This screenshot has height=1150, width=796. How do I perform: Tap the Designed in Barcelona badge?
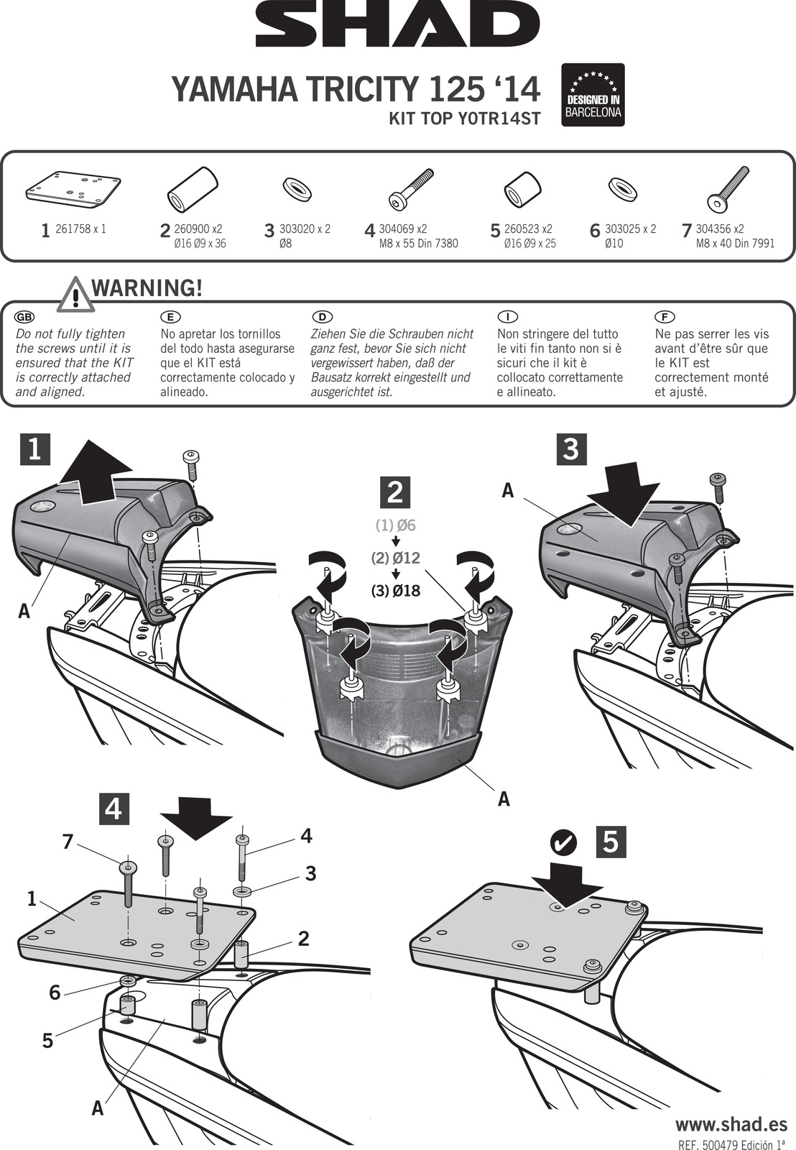(x=593, y=95)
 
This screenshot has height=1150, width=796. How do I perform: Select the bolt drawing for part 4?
(x=411, y=188)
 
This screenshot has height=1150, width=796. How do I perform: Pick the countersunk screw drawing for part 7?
(x=728, y=189)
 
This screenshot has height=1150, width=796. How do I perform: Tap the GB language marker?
(x=24, y=317)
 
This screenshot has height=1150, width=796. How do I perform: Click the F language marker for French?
(x=665, y=317)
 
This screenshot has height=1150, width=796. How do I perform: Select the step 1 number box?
(x=34, y=449)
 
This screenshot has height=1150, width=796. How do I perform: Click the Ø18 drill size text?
(x=396, y=591)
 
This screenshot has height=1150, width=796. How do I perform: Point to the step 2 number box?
(x=394, y=492)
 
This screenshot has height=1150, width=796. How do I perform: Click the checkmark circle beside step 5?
(x=565, y=842)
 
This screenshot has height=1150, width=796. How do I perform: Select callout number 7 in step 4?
(x=68, y=841)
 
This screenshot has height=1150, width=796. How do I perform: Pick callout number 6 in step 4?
(x=55, y=993)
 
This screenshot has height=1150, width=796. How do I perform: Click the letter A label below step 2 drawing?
(x=504, y=799)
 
